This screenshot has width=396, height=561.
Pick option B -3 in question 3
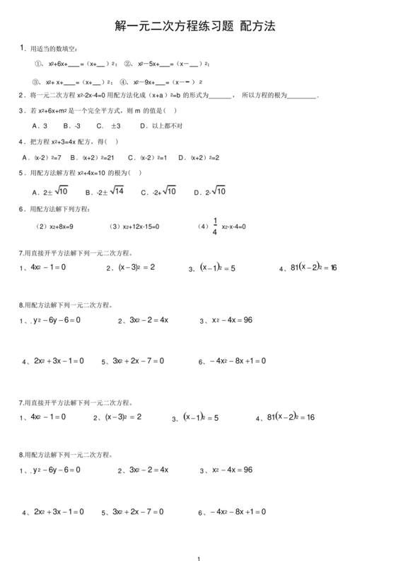tap(71, 125)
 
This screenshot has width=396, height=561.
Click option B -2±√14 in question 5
tap(105, 191)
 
